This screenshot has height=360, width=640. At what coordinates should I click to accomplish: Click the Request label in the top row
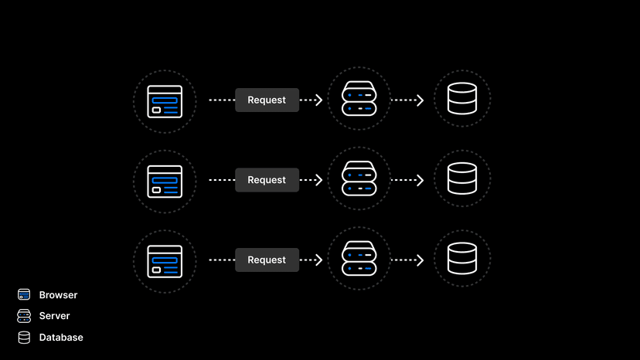click(x=267, y=100)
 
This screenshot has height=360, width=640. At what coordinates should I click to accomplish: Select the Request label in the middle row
click(x=267, y=180)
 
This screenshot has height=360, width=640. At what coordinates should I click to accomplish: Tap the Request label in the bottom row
click(x=267, y=260)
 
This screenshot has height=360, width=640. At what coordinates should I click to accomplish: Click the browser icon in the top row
click(x=165, y=101)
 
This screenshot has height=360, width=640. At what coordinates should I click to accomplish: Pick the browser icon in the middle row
click(x=165, y=181)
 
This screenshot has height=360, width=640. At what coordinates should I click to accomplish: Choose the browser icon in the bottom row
click(x=165, y=261)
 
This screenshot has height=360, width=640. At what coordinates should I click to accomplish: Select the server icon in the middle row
click(x=359, y=179)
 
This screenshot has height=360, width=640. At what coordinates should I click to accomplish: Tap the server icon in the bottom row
click(x=359, y=260)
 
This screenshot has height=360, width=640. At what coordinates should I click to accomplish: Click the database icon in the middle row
click(x=461, y=179)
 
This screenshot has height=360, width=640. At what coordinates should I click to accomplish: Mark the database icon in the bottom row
click(x=461, y=260)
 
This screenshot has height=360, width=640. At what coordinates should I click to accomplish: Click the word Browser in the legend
click(x=58, y=295)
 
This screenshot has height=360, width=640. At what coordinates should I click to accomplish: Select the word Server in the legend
click(x=54, y=316)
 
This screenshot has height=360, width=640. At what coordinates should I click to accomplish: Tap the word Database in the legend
click(x=61, y=338)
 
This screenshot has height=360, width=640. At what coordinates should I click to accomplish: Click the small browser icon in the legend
click(x=24, y=294)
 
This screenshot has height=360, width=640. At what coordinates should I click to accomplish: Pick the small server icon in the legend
click(x=24, y=316)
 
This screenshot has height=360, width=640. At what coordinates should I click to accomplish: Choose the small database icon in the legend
click(x=24, y=338)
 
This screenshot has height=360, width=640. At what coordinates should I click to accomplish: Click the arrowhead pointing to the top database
click(x=420, y=100)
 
